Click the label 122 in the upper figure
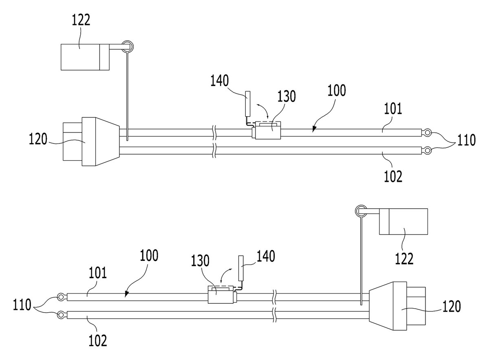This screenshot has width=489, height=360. (x=81, y=20)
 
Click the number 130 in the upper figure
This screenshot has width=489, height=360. (x=286, y=96)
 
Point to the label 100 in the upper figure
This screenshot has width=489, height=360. (x=337, y=91)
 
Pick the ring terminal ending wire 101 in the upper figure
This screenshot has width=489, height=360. (x=426, y=133)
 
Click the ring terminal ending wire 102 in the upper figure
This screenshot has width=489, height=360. (x=426, y=150)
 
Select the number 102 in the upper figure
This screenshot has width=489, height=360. (x=393, y=177)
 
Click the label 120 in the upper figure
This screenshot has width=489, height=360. (x=38, y=139)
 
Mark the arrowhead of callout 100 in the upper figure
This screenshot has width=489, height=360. (x=314, y=129)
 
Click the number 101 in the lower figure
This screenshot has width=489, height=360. (x=97, y=273)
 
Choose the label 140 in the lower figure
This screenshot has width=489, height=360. (x=266, y=256)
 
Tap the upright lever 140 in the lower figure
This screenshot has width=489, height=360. (x=241, y=268)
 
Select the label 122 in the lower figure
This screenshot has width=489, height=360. (x=404, y=258)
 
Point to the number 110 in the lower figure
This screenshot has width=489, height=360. (x=22, y=305)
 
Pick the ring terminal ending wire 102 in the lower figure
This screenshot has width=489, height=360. (x=62, y=315)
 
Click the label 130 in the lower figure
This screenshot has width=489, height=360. (x=200, y=261)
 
